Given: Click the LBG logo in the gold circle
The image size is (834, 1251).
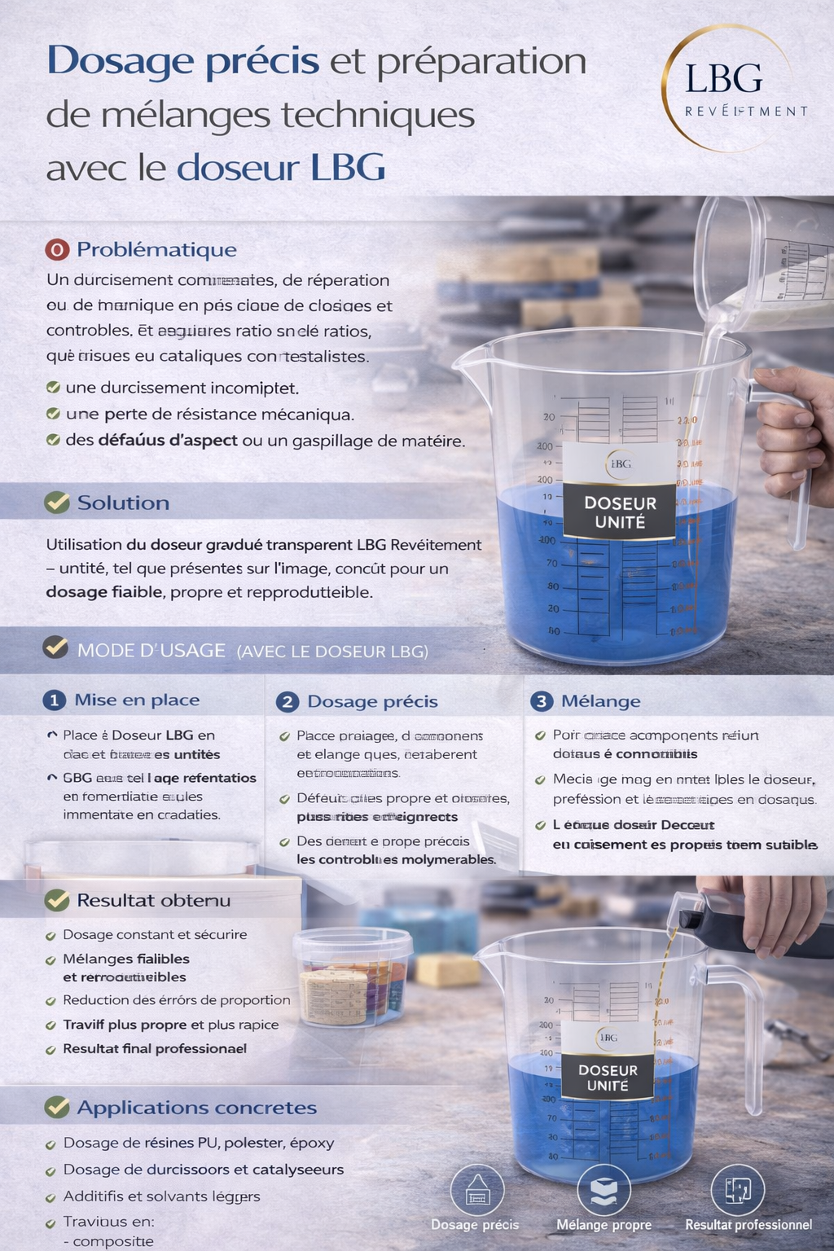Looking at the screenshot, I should click(725, 88).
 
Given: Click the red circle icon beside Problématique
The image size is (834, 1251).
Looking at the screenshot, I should click(57, 249).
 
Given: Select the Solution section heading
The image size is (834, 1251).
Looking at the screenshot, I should click(123, 503).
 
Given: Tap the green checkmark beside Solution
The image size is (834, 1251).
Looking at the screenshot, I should click(57, 503).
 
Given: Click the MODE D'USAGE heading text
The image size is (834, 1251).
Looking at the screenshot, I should click(151, 650).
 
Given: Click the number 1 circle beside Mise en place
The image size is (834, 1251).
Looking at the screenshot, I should click(54, 700).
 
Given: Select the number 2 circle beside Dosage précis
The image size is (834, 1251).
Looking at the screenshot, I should click(287, 702).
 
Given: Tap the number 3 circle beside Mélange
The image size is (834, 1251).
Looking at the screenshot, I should click(542, 701).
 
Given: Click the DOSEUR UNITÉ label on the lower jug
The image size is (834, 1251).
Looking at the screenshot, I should click(608, 1078).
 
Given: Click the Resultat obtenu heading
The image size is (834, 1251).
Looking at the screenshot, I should click(153, 900).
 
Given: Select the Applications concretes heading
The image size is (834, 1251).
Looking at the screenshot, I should click(196, 1108).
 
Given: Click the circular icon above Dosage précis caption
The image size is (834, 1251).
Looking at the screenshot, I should click(477, 1191).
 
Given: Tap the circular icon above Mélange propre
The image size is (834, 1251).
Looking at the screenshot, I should click(604, 1191).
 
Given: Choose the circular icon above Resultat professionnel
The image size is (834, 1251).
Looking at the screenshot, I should click(737, 1191).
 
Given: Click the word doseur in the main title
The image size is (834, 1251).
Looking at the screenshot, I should click(238, 168).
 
